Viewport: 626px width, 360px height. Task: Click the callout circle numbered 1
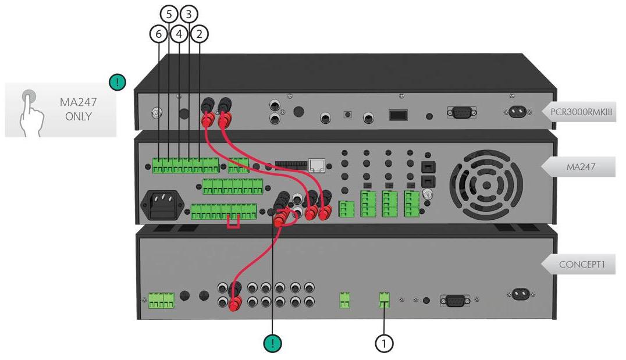click(384, 343)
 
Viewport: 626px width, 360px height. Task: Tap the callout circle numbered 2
click(199, 34)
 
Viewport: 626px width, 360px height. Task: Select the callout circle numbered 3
click(189, 14)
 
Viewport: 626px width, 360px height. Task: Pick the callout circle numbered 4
click(179, 34)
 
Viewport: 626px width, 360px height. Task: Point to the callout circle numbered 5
click(169, 14)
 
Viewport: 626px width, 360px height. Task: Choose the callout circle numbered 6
click(158, 34)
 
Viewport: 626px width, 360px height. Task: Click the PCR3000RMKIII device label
click(581, 112)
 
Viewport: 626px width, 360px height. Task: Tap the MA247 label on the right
click(581, 167)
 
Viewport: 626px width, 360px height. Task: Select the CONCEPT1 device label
click(582, 264)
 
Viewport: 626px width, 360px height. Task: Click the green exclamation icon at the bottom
click(273, 343)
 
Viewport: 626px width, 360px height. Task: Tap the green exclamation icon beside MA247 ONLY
click(118, 82)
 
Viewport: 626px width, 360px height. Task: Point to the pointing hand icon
click(31, 114)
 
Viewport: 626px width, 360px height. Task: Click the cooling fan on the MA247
click(486, 185)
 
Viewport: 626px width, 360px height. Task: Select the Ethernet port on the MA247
click(317, 165)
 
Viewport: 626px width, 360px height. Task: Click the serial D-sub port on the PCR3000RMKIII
click(461, 112)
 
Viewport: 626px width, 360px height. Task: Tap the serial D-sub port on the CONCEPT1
click(455, 300)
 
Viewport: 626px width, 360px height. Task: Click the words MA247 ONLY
click(78, 109)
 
